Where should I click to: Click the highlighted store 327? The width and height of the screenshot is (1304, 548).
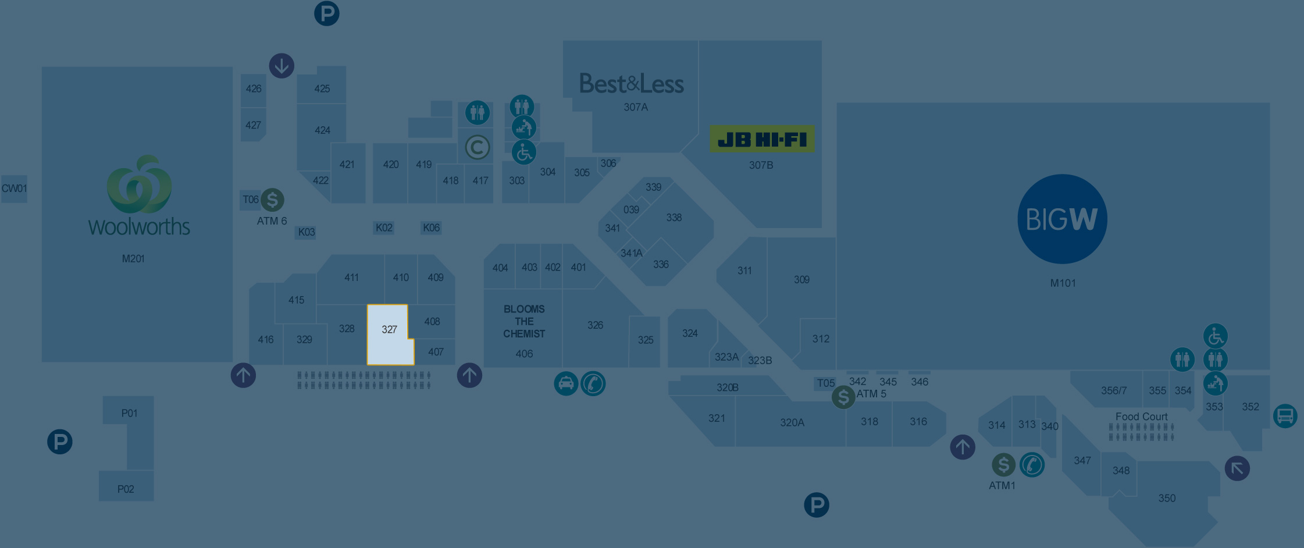[390, 335]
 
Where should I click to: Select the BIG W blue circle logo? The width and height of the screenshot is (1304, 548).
[1062, 219]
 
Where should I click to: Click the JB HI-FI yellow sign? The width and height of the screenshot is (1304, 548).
[762, 139]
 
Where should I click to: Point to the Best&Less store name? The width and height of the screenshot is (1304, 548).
[632, 84]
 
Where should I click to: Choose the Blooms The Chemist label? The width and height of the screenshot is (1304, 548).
[524, 321]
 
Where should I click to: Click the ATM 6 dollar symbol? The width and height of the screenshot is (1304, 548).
[272, 200]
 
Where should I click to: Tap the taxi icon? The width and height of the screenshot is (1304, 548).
[566, 384]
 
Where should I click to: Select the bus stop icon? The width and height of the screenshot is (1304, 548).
[1285, 416]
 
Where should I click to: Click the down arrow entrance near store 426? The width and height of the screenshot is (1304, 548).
[282, 66]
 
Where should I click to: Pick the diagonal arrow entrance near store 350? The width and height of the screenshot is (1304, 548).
[1237, 468]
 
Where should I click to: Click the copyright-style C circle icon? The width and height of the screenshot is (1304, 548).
[477, 147]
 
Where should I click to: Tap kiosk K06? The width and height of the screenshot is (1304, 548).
[431, 227]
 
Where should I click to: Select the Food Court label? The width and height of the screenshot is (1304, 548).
[1141, 417]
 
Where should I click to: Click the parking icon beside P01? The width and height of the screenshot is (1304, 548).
[60, 442]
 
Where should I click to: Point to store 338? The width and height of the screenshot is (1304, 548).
[674, 218]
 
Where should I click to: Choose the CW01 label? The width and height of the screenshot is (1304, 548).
[14, 188]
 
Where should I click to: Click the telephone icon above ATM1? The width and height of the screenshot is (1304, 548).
[1032, 465]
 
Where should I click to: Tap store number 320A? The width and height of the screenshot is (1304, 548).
[792, 422]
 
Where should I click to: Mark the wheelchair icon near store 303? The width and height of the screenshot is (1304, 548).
[524, 152]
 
